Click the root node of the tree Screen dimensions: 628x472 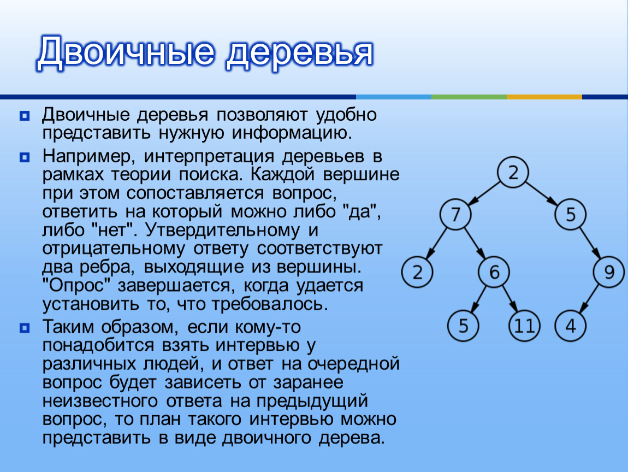[513, 172]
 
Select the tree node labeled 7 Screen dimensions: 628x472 [455, 214]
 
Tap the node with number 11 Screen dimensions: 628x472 [524, 326]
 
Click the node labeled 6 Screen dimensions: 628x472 [494, 272]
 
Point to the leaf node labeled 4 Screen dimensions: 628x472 [571, 326]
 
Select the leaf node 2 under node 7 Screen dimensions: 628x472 [417, 272]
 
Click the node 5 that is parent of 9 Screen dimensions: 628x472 [571, 214]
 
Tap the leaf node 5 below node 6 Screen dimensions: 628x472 [464, 326]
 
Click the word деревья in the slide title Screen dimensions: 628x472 [299, 52]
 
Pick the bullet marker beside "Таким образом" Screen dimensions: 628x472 [25, 328]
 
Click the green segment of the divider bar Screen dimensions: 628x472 [469, 97]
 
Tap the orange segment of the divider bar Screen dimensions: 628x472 [544, 97]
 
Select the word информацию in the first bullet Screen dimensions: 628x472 [292, 133]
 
